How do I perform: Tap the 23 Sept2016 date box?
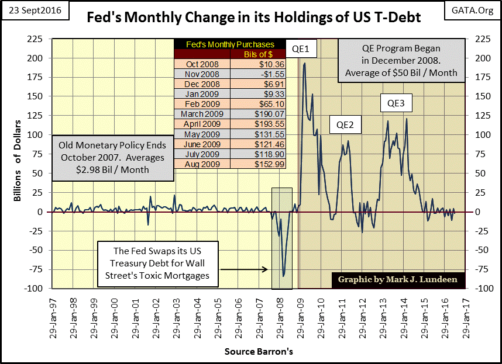click(x=35, y=11)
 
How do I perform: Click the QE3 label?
click(x=396, y=104)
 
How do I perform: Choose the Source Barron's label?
click(x=259, y=352)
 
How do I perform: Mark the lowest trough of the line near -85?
click(x=283, y=276)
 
